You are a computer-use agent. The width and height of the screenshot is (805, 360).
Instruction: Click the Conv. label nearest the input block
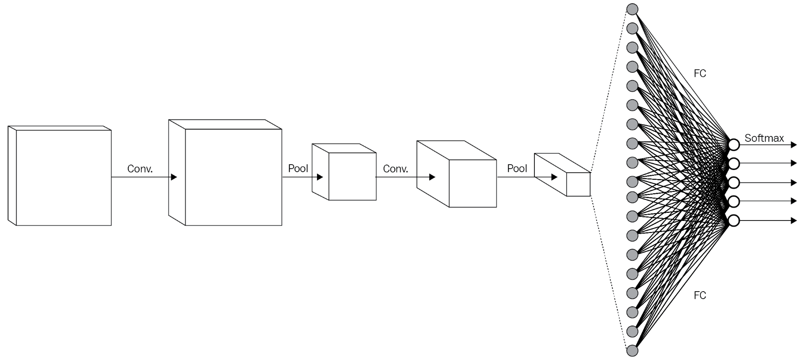(x=140, y=169)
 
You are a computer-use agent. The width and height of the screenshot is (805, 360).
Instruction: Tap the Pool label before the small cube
(x=298, y=169)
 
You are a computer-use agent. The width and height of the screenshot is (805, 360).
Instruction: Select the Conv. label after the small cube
(x=395, y=169)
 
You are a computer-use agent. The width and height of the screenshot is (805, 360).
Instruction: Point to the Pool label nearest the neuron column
(x=517, y=169)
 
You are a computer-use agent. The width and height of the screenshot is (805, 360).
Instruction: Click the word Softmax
(x=764, y=138)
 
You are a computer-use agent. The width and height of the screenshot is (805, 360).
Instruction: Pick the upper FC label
(x=699, y=73)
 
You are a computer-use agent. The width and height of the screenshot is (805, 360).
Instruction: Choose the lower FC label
(x=699, y=295)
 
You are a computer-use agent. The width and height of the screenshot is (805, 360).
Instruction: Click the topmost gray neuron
(x=632, y=9)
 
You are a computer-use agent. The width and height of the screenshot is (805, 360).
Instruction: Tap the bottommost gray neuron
(x=632, y=351)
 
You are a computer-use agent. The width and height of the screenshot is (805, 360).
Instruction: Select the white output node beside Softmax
(x=734, y=145)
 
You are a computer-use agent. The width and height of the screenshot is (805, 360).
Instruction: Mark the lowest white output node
(x=734, y=220)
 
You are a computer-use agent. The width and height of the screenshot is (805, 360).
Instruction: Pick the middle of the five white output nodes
(x=734, y=182)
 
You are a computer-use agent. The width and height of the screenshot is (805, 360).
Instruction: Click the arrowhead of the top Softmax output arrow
(x=794, y=145)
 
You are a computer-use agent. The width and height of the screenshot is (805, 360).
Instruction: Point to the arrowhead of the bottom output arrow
(x=794, y=220)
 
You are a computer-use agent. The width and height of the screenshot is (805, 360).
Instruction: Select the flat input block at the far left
(x=63, y=177)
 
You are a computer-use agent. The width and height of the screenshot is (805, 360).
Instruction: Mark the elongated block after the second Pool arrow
(x=578, y=184)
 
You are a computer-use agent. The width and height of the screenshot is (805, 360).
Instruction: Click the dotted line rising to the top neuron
(x=608, y=89)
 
